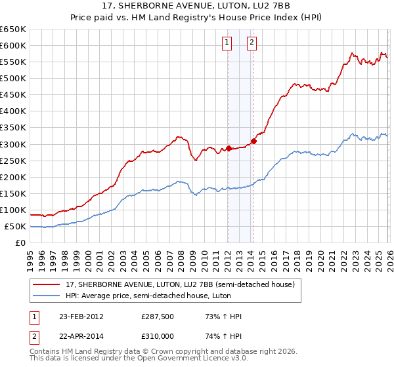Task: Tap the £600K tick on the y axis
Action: pos(12,45)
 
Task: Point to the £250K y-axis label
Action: pos(12,161)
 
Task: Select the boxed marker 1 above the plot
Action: pos(227,43)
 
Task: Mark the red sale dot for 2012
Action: pos(229,147)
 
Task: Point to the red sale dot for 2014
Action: pos(253,140)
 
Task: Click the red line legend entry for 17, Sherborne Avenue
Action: pos(183,284)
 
